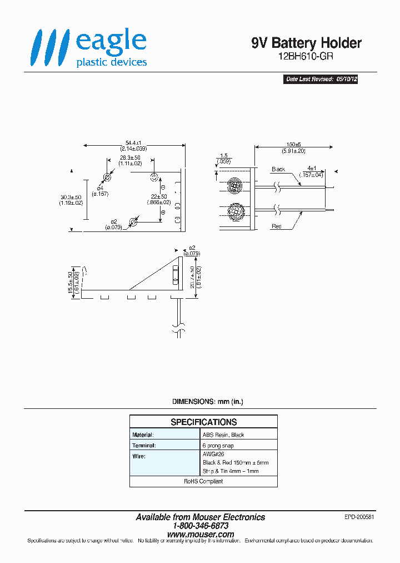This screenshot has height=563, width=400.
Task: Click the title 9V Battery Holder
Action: (x=306, y=43)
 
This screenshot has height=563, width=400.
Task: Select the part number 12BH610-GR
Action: (x=306, y=56)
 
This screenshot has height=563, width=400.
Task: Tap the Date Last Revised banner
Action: (x=321, y=80)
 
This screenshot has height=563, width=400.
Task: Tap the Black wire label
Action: (x=278, y=169)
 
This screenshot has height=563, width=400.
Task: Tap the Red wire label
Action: (x=277, y=226)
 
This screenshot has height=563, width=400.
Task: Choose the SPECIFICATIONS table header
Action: (x=203, y=422)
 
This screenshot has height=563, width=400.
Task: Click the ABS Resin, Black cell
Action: (x=223, y=434)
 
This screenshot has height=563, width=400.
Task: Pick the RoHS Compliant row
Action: (x=203, y=481)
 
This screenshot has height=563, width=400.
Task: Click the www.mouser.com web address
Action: (x=201, y=535)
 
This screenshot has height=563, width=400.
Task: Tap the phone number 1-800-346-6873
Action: (x=201, y=526)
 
